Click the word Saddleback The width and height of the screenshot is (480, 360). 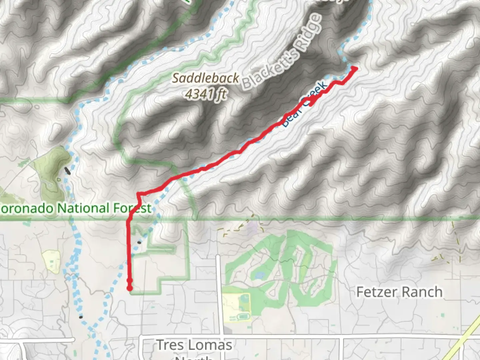point(205,78)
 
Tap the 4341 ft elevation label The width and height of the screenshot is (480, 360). point(206,94)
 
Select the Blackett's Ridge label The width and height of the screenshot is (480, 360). point(282,52)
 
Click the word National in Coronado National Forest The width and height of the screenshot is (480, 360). point(83,208)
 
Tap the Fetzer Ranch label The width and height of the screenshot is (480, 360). point(399,292)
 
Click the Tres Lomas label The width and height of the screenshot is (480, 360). point(194,345)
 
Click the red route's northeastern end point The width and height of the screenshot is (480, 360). point(354,69)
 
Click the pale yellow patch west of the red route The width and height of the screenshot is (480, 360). point(51,261)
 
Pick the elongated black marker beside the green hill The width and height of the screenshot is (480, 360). point(67,171)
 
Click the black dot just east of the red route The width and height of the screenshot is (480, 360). point(139,242)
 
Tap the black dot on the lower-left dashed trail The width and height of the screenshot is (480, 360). point(81,317)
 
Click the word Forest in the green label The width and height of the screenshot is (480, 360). point(132,208)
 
